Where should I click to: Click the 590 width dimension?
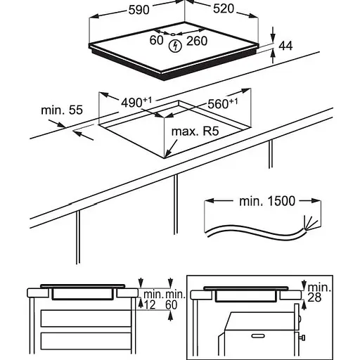click(x=139, y=10)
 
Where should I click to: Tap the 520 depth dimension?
click(x=224, y=8)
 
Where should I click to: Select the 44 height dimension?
click(x=285, y=46)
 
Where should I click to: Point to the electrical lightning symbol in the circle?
click(x=175, y=46)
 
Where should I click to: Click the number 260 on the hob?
click(x=197, y=41)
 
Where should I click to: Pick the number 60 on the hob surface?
click(x=156, y=40)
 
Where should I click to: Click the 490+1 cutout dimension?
click(x=136, y=102)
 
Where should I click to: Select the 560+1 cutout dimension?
click(x=223, y=103)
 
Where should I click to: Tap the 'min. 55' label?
click(x=62, y=110)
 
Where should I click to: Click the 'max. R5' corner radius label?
click(x=195, y=131)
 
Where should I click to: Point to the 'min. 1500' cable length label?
click(x=267, y=201)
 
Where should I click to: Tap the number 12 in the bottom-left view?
click(x=149, y=304)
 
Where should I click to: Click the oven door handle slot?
click(x=258, y=336)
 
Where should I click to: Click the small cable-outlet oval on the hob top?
click(x=173, y=34)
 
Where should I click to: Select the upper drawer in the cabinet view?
click(x=86, y=319)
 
